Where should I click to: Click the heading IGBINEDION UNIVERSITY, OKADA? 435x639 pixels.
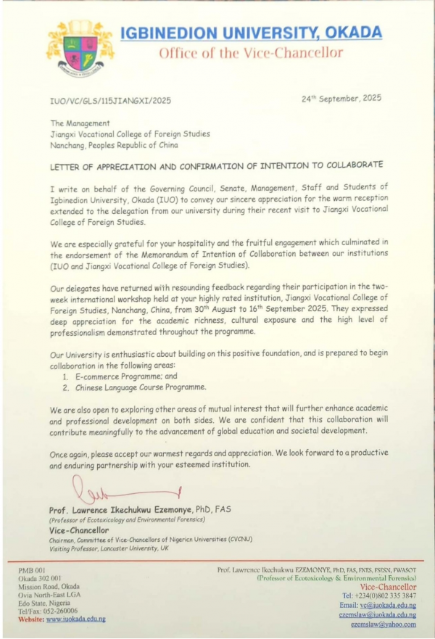click(x=250, y=33)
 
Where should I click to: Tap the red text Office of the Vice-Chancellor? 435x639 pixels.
click(x=250, y=53)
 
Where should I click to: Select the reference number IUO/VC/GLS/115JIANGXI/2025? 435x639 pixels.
click(x=110, y=101)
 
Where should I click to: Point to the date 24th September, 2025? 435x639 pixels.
click(x=341, y=98)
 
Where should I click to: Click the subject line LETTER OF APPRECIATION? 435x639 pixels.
click(x=216, y=166)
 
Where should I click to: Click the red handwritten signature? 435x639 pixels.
click(x=123, y=494)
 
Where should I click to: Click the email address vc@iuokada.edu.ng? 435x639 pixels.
click(x=387, y=605)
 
